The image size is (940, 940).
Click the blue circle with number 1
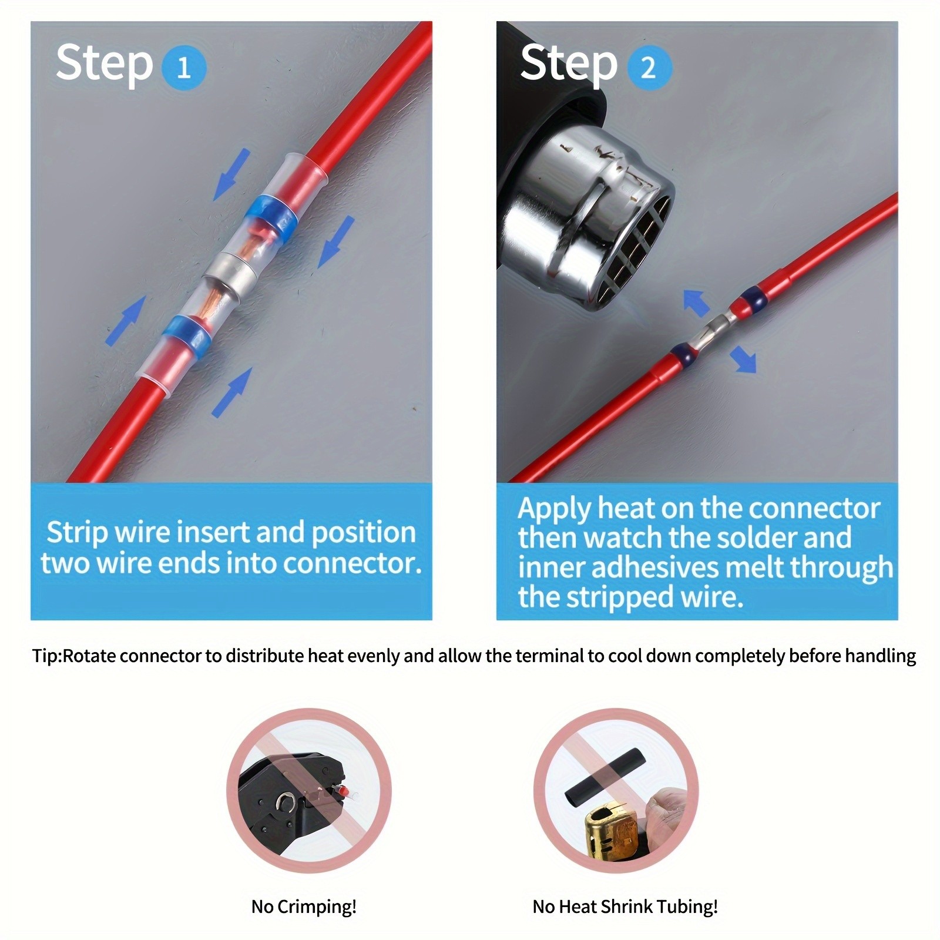183,68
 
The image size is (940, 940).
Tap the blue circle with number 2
649,68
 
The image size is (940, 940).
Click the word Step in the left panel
104,63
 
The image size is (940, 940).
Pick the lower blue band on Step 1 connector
187,335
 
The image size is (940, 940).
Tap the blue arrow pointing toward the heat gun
697,302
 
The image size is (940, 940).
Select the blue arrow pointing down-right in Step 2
743,358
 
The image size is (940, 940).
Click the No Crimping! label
304,907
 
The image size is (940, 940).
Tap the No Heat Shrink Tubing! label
625,907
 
